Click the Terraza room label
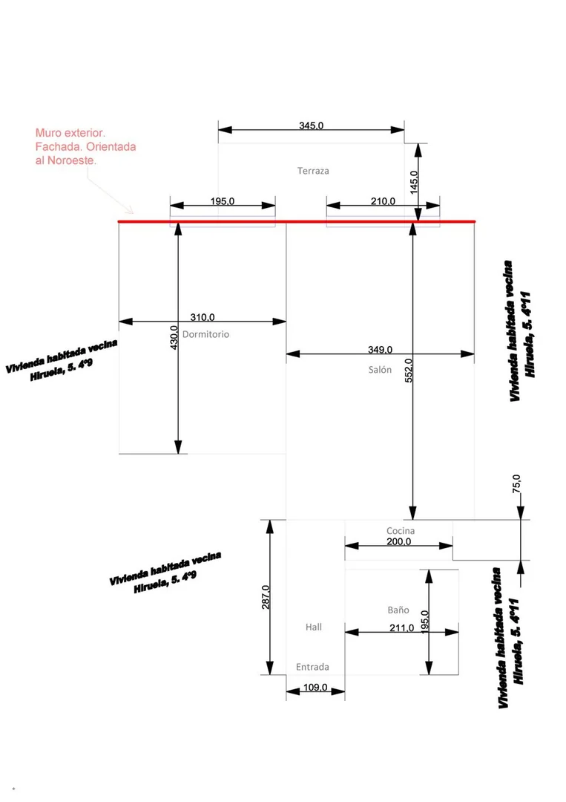pyautogui.click(x=313, y=171)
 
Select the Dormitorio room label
pyautogui.click(x=206, y=334)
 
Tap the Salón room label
pyautogui.click(x=380, y=369)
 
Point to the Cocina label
pyautogui.click(x=401, y=531)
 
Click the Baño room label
pyautogui.click(x=398, y=610)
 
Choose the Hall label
pyautogui.click(x=314, y=627)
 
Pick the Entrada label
pyautogui.click(x=312, y=667)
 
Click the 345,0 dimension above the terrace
pyautogui.click(x=311, y=125)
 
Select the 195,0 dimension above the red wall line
pyautogui.click(x=223, y=201)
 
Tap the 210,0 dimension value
pyautogui.click(x=383, y=201)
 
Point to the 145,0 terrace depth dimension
pyautogui.click(x=414, y=182)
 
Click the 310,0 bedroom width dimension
pyautogui.click(x=203, y=318)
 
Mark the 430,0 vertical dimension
pyautogui.click(x=174, y=338)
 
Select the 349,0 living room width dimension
pyautogui.click(x=380, y=350)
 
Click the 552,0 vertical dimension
pyautogui.click(x=409, y=371)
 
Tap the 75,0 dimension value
pyautogui.click(x=517, y=484)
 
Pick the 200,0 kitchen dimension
pyautogui.click(x=398, y=541)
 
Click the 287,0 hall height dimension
pyautogui.click(x=266, y=597)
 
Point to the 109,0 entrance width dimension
pyautogui.click(x=315, y=688)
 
